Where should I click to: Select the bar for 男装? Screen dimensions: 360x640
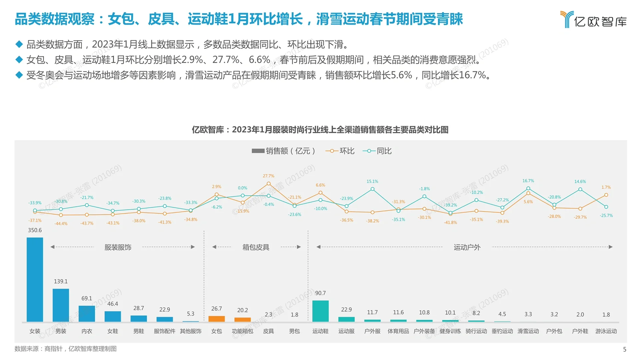(61, 305)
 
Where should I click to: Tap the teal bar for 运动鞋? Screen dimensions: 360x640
(320, 311)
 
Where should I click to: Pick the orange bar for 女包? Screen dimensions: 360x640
(216, 319)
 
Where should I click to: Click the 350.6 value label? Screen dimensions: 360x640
(35, 230)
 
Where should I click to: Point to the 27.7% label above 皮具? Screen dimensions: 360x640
(268, 176)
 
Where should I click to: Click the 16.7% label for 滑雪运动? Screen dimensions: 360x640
(528, 181)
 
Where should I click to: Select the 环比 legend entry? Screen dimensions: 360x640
(340, 151)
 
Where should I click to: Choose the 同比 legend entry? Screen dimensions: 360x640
(377, 151)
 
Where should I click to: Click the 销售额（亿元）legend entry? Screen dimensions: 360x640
(283, 151)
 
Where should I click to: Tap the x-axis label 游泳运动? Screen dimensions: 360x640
(606, 331)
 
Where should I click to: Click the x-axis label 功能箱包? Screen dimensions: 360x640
(242, 331)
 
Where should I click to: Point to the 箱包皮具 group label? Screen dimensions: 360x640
(256, 247)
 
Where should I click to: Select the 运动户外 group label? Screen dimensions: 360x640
(467, 247)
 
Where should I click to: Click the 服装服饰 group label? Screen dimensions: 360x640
(118, 247)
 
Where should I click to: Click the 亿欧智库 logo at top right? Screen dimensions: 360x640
(593, 20)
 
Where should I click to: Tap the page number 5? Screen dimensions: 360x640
(625, 349)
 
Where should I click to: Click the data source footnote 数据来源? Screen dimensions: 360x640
(65, 349)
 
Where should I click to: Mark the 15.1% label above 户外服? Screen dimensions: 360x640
(372, 181)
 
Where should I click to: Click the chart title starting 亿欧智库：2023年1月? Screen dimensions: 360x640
(320, 130)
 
